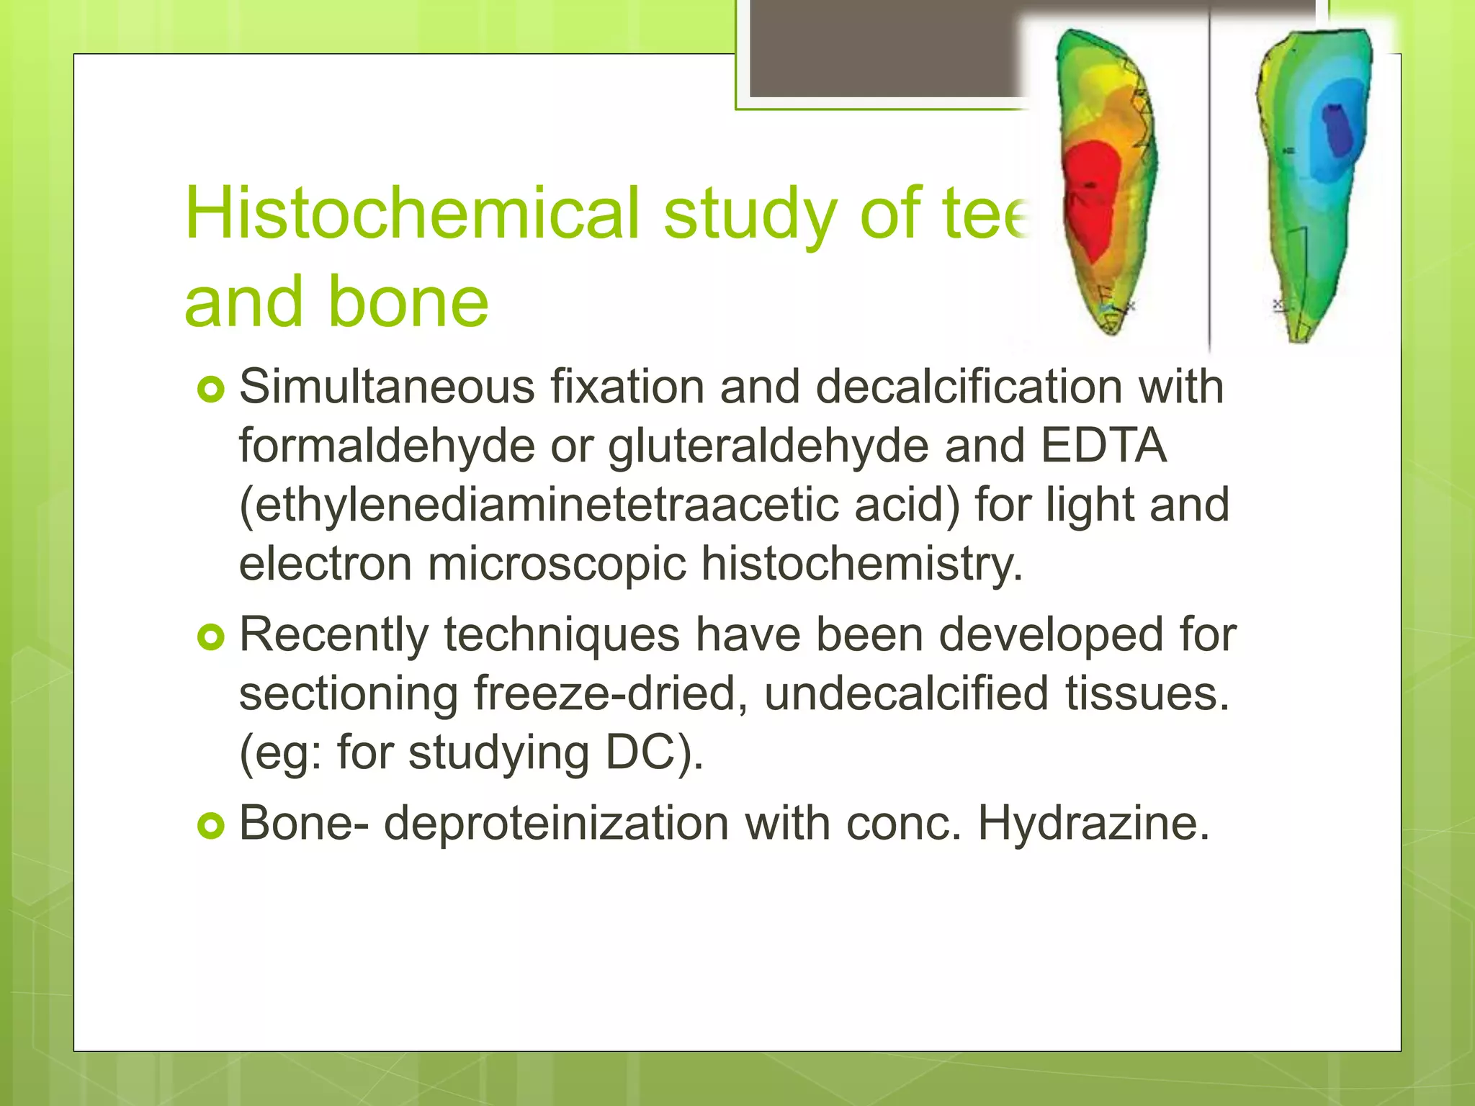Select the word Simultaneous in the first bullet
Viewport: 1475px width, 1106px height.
387,387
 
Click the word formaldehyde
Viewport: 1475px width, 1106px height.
387,446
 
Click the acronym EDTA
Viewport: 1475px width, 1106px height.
1103,445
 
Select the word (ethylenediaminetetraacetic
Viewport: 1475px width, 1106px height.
539,505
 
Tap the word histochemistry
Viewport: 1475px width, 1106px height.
861,564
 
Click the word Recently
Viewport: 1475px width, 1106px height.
333,635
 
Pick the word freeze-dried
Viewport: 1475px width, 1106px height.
611,694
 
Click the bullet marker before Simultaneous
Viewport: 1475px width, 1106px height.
211,391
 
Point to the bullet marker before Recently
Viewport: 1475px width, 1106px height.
211,637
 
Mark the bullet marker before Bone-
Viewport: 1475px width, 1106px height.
211,826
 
